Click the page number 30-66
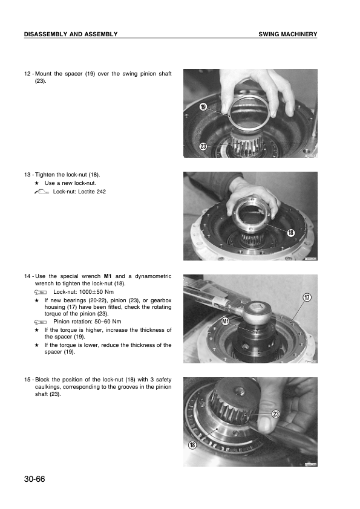click(34, 479)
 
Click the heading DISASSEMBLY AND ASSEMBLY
click(71, 34)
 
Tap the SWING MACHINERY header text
click(288, 34)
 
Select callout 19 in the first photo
click(203, 107)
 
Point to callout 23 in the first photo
click(203, 146)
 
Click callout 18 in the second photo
click(290, 232)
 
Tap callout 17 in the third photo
click(307, 297)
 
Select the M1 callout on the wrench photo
click(226, 322)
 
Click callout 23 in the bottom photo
click(275, 414)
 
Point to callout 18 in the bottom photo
click(192, 445)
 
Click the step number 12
click(27, 74)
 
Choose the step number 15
click(27, 380)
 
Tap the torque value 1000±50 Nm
click(96, 292)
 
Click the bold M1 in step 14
click(108, 276)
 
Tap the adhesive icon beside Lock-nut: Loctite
click(41, 192)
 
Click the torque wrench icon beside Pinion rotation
click(41, 322)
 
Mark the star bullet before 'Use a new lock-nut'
click(37, 183)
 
